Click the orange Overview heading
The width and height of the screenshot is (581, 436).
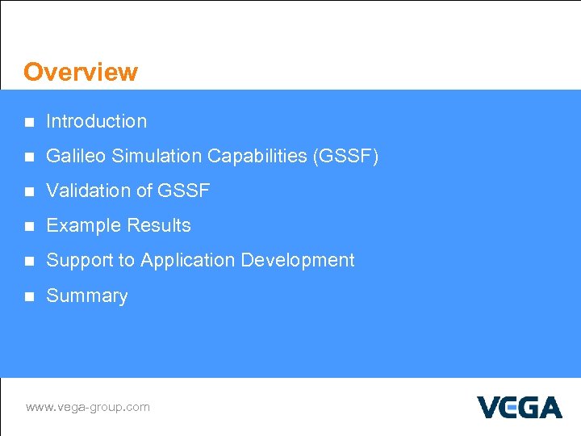81,72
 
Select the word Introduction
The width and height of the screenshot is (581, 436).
97,121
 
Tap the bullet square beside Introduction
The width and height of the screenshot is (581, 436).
29,123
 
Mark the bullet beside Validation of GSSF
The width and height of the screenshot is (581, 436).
29,192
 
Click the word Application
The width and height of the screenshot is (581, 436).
187,260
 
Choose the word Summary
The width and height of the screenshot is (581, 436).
87,296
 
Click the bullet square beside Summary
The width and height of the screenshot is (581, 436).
29,297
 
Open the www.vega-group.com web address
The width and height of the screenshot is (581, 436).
88,407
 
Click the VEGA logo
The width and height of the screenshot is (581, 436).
519,407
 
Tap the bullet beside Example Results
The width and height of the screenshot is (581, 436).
29,227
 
